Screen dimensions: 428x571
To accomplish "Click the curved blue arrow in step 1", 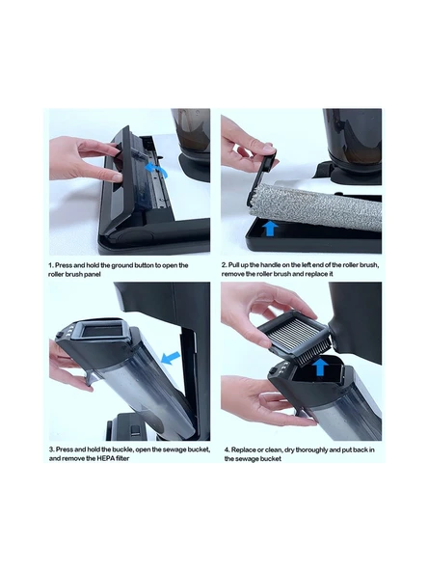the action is click(156, 170).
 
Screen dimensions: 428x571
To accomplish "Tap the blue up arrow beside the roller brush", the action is click(270, 229).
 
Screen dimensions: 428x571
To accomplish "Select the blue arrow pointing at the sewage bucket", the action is click(171, 358).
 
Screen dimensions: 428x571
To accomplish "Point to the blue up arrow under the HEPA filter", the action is click(320, 367).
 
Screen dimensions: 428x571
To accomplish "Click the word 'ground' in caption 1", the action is click(121, 265).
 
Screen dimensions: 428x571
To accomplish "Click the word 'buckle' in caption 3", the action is click(122, 449).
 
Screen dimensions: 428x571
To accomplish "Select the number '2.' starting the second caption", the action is click(224, 264).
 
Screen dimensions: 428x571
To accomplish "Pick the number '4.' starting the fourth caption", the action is click(227, 450).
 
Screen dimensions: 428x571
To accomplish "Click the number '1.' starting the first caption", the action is click(51, 265).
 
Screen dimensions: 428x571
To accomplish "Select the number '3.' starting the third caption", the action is click(52, 449).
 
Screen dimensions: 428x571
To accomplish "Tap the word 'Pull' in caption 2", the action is click(234, 264).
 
